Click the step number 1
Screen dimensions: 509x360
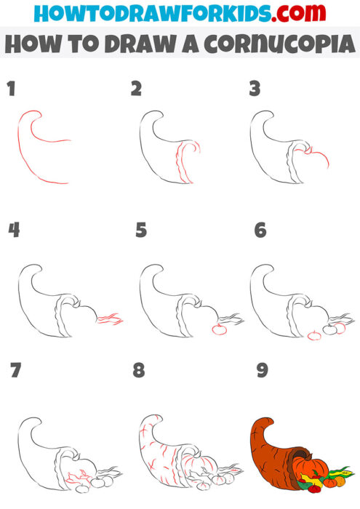click(11, 89)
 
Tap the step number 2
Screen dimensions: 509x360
click(136, 89)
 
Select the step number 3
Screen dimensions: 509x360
click(255, 89)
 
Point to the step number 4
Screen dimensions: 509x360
click(13, 231)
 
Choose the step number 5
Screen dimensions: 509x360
click(141, 231)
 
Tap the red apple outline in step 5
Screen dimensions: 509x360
click(216, 330)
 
